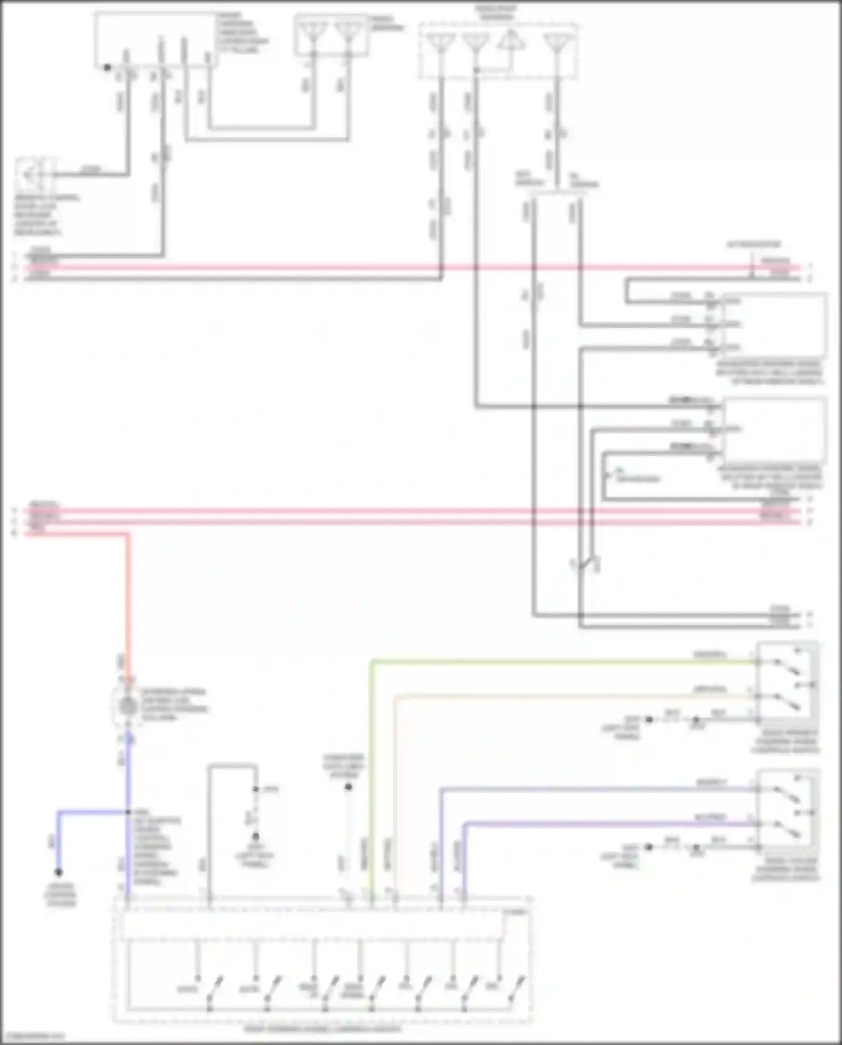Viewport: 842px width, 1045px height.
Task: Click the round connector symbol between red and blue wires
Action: coord(129,706)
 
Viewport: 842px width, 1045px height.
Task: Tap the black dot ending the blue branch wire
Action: coord(58,872)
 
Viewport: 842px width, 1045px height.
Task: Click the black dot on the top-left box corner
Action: coord(107,67)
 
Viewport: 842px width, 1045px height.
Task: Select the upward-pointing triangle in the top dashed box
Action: coord(510,41)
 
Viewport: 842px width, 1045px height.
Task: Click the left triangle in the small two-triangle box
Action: coord(313,33)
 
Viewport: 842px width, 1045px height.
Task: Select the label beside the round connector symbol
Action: coord(174,705)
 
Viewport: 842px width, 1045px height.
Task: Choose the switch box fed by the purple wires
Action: coord(786,810)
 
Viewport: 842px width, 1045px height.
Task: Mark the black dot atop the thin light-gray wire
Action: coord(348,787)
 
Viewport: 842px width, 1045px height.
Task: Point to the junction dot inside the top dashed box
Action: coord(476,70)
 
